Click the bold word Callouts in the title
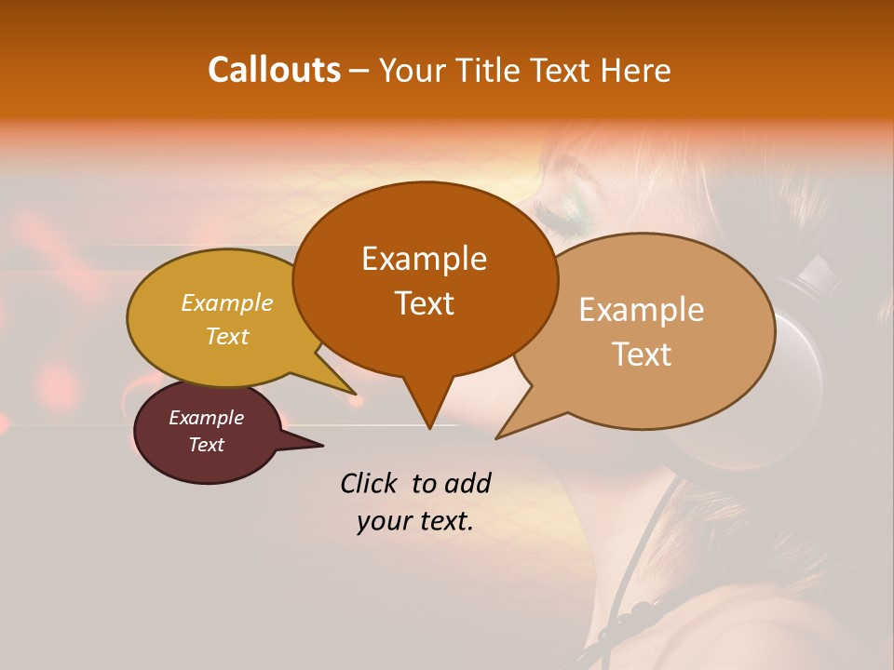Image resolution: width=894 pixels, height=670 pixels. pos(274,70)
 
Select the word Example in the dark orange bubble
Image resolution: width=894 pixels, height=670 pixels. pos(424,259)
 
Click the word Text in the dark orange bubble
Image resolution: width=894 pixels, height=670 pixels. pos(424,303)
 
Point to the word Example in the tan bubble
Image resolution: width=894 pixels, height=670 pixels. pos(642,310)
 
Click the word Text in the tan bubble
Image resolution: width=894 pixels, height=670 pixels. pos(642,355)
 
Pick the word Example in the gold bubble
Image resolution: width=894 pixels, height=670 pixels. pos(227,303)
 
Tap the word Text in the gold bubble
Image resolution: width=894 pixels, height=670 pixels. pos(227,336)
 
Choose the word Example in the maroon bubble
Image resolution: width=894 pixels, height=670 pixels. pos(206,418)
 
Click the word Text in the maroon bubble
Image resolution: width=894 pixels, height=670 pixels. pos(206,445)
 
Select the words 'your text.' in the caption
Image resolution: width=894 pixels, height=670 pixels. pos(414,522)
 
